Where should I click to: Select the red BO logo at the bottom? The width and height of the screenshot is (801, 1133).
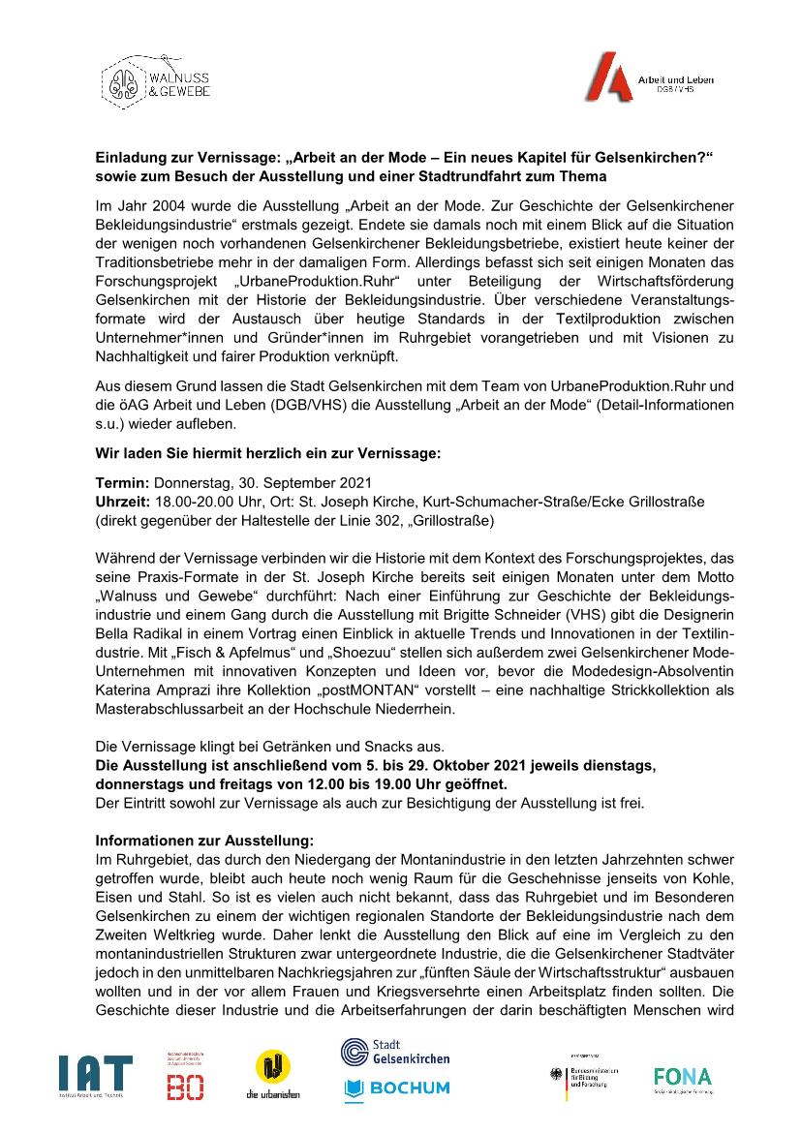[x=184, y=1077]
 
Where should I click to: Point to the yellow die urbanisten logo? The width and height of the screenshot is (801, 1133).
[x=272, y=1075]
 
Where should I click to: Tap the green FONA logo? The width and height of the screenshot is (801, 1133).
[x=682, y=1077]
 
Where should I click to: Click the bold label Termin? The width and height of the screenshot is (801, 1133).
[x=121, y=481]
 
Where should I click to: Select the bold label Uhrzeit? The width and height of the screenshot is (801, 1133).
[x=122, y=501]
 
